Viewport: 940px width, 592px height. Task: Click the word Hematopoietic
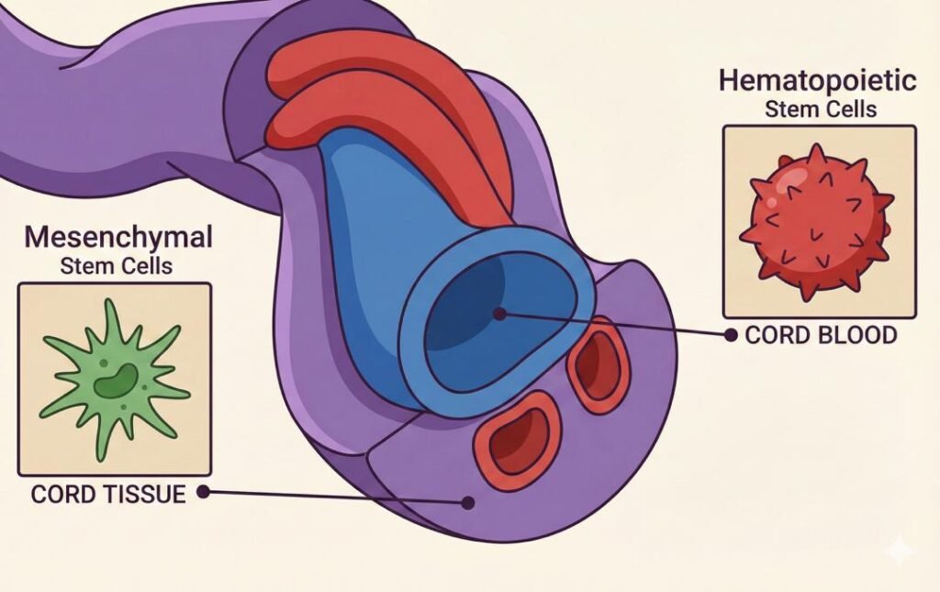point(817,81)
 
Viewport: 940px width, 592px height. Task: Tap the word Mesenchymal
point(118,238)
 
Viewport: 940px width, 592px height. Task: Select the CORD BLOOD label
point(821,335)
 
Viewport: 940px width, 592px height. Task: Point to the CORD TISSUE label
point(108,494)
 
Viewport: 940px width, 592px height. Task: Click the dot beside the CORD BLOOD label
point(731,335)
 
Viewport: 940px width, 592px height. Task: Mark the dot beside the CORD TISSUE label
point(203,493)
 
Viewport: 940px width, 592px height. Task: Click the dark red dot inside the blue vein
point(499,313)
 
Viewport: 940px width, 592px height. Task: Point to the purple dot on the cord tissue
point(468,502)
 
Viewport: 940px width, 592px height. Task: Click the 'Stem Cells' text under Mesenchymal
point(118,266)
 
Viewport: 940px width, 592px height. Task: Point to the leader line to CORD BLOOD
point(615,325)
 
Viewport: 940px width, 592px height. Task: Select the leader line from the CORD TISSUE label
point(335,497)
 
